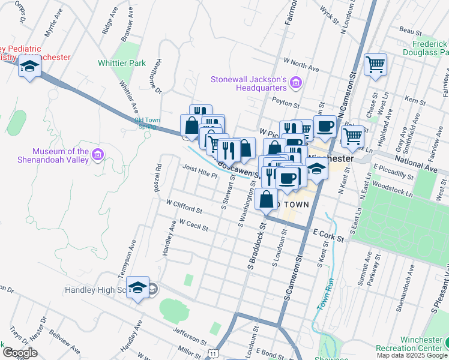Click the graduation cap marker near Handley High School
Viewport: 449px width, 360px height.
coord(138,289)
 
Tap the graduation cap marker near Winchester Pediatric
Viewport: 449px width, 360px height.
coord(28,66)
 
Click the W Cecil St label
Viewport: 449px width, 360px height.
coord(193,225)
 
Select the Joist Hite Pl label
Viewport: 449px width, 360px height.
coord(200,172)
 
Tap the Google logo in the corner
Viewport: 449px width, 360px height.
coord(19,353)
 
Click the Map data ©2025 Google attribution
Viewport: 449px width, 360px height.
coord(412,356)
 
